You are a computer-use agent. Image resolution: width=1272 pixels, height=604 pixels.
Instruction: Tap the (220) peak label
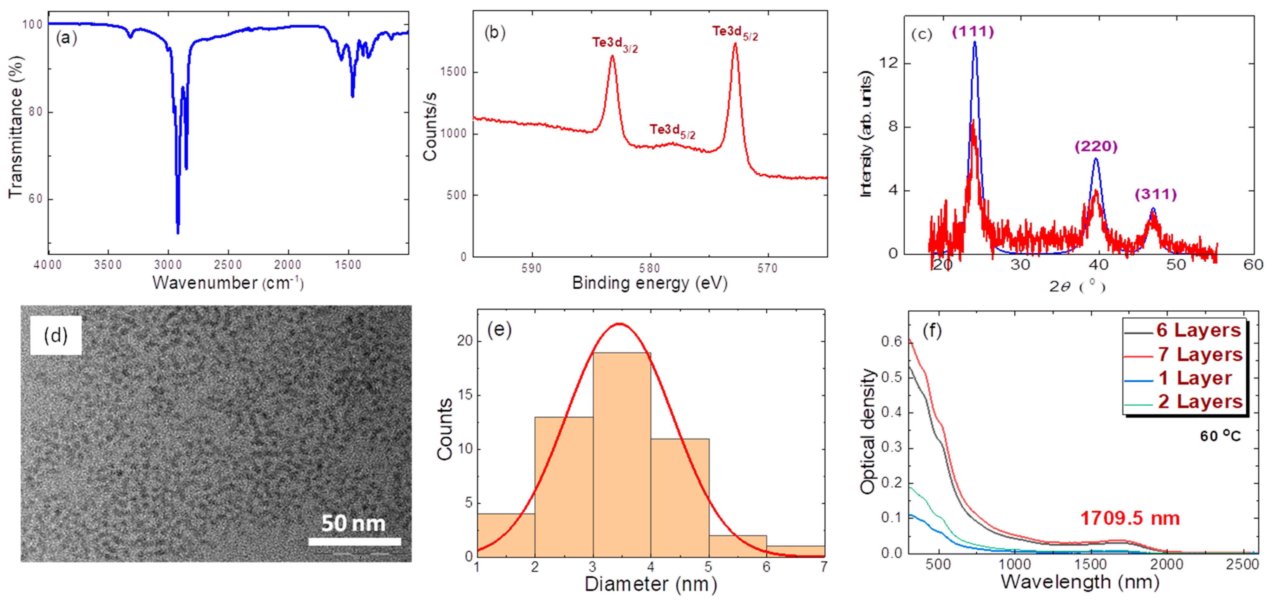(1096, 146)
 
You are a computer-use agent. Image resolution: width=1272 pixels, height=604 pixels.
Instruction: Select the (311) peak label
(1156, 194)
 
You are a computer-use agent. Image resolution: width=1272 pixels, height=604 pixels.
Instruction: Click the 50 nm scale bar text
(353, 523)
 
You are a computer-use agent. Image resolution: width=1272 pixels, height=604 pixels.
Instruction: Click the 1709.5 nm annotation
(1130, 518)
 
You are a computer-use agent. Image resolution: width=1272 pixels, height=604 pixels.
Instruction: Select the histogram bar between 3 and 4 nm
(622, 454)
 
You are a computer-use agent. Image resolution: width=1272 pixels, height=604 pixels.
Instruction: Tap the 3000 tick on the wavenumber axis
(168, 265)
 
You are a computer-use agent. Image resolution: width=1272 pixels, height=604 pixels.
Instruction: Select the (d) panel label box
(55, 335)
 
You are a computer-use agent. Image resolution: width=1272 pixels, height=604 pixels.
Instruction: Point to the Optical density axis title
(867, 431)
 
